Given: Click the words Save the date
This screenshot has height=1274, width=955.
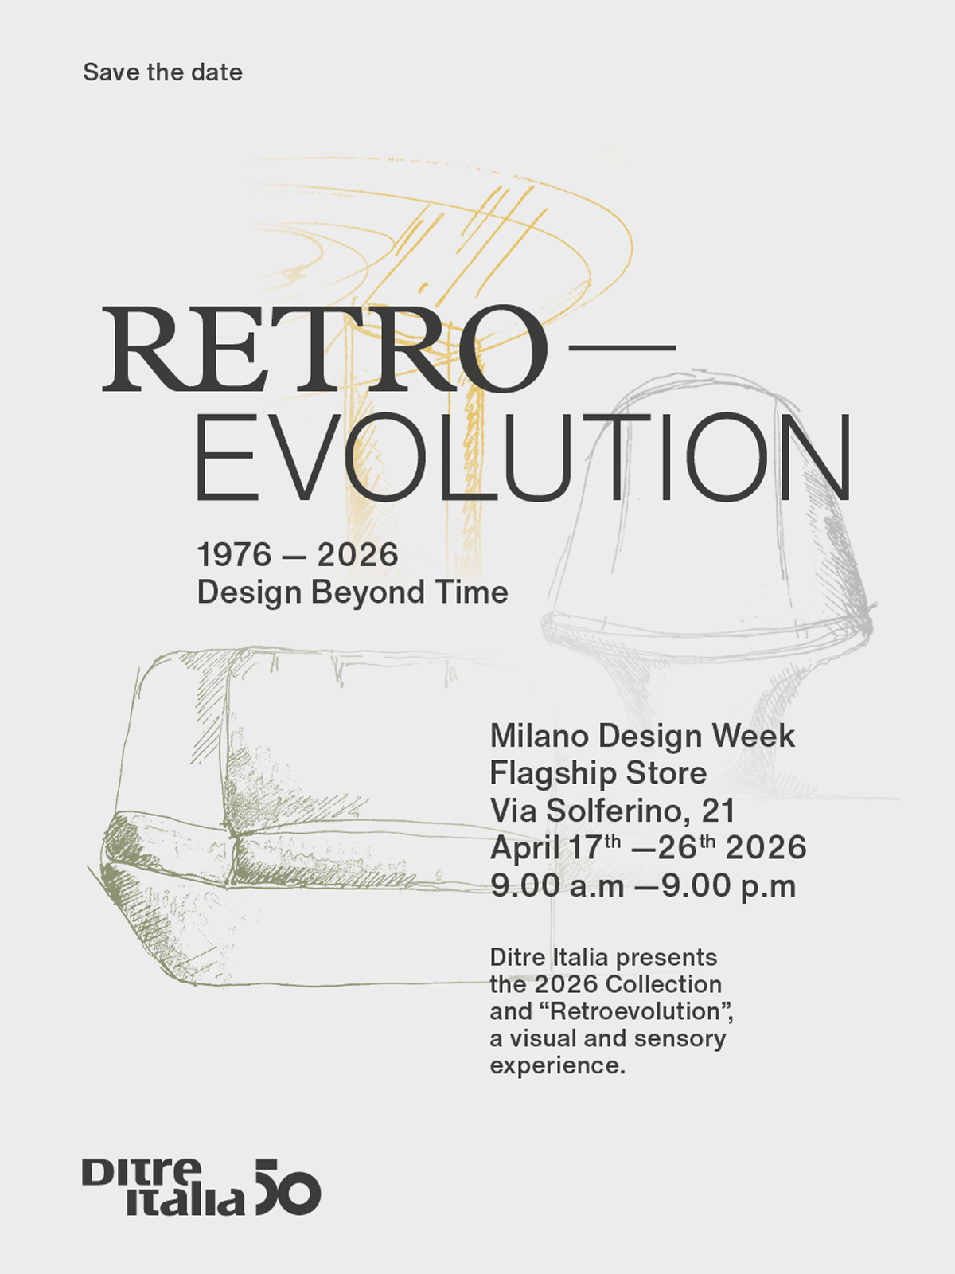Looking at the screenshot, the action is (162, 72).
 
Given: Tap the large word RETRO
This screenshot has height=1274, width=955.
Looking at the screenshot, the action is (325, 349).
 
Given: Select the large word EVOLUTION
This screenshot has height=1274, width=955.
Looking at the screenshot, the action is (524, 458).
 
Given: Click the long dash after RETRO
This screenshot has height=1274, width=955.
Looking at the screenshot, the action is (622, 348).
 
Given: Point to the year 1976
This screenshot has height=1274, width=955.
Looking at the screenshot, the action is (234, 554).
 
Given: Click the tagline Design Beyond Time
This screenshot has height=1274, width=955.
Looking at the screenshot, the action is (353, 592).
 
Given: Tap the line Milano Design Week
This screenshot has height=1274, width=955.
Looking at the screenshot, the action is (642, 736).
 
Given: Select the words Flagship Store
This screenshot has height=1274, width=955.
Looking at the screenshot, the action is (598, 774).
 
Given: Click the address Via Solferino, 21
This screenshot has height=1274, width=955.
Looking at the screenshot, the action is (613, 811).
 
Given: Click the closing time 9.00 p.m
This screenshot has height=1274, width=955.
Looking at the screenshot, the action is (728, 885).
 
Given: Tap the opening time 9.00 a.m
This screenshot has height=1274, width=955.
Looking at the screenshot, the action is (557, 885).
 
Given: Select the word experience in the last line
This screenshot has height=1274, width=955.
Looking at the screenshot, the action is (557, 1065).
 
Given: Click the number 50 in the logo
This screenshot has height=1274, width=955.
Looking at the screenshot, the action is (288, 1187).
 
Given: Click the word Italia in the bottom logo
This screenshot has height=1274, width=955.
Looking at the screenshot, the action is (185, 1201).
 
